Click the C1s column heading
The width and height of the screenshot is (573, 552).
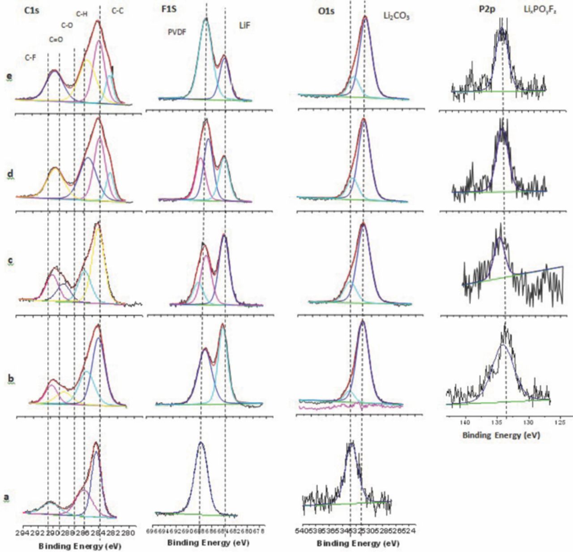[32, 9]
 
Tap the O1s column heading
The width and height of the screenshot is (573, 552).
[326, 11]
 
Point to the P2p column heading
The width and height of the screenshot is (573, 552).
[487, 9]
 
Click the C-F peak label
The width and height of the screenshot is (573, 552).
[30, 57]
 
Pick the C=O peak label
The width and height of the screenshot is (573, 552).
[56, 39]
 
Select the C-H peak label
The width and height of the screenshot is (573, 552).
[81, 14]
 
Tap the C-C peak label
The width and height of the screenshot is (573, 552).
[117, 11]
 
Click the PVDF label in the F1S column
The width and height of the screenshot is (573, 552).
[177, 32]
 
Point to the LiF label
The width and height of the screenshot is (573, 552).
[244, 25]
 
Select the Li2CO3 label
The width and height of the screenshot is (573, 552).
[396, 17]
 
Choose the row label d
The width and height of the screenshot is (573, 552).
[9, 174]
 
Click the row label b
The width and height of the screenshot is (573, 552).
[11, 378]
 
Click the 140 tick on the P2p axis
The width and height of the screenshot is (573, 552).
[466, 422]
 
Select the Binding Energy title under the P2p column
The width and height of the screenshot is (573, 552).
[501, 435]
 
